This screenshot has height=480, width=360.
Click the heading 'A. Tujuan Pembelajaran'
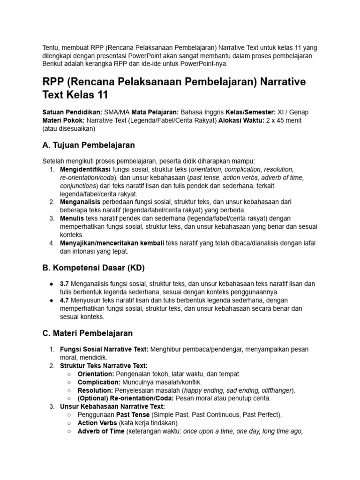pos(89,145)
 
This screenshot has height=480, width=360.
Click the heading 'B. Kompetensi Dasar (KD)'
pos(94,268)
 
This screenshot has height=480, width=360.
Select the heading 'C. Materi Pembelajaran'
pos(88,333)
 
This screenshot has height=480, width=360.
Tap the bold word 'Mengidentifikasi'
pos(85,169)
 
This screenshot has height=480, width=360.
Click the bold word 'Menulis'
pos(72,218)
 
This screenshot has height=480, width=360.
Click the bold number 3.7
pos(65,284)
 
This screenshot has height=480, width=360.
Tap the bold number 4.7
pos(65,300)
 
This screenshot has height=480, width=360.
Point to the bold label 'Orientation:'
pos(96,374)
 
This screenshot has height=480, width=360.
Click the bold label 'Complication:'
pos(98,382)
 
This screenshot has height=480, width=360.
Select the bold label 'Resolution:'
pos(95,390)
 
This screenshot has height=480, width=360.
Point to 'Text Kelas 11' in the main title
pos(75,95)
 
